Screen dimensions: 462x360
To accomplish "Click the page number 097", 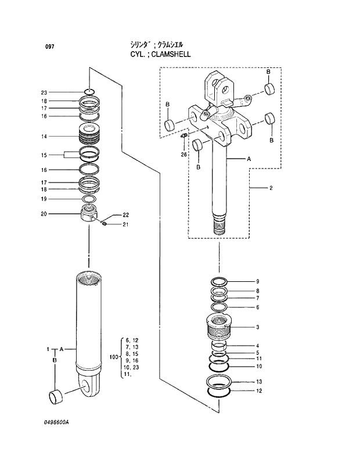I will pos(49,46).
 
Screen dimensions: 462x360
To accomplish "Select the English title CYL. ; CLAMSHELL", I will pos(160,54).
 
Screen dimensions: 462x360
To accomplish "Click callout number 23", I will pos(44,92).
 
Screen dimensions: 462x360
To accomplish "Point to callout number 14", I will pos(44,137).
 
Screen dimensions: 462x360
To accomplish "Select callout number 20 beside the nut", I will pos(44,214).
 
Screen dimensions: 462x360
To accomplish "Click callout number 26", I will pos(183,154).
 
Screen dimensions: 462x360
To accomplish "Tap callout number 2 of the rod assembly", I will pos(271,188).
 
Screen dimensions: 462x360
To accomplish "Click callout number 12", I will pos(259,391).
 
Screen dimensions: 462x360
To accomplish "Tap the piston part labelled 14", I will pos(89,137).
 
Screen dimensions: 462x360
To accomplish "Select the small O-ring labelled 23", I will pos(89,92).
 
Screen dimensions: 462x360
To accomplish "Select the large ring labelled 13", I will pos(219,382).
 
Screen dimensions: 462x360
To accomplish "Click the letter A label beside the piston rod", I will pos(249,159).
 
